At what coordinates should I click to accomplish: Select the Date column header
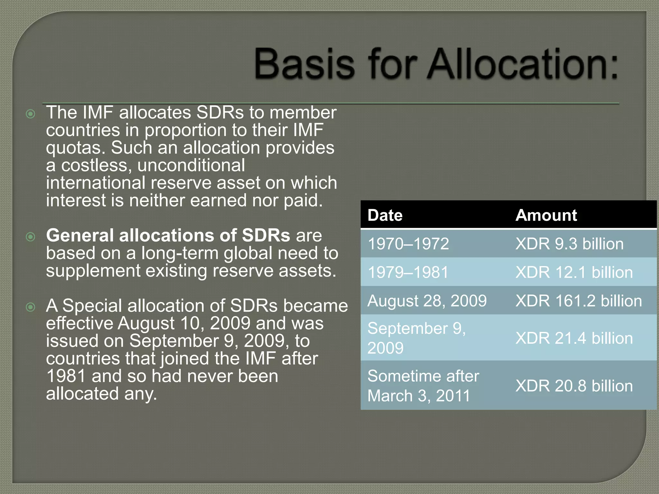coord(385,215)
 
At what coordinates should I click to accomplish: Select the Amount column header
coord(546,215)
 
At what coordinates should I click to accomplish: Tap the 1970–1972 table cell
coord(408,244)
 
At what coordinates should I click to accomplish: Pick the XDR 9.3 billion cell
coord(569,244)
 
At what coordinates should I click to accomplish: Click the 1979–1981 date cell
coord(408,272)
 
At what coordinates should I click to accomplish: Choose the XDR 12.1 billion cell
coord(574,272)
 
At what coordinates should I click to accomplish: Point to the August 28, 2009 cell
coord(427,301)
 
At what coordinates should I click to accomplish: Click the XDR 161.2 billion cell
coord(578,301)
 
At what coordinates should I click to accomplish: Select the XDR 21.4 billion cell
coord(574,338)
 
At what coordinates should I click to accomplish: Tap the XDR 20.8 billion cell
coord(574,386)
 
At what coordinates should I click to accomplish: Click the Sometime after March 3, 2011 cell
coord(423,386)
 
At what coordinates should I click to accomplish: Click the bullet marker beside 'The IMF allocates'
coord(31,114)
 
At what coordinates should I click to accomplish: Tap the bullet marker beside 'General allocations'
coord(31,237)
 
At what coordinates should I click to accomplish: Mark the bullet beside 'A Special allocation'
coord(31,307)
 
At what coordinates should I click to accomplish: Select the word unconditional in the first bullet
coord(191,166)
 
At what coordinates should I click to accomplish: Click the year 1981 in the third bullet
coord(66,376)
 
